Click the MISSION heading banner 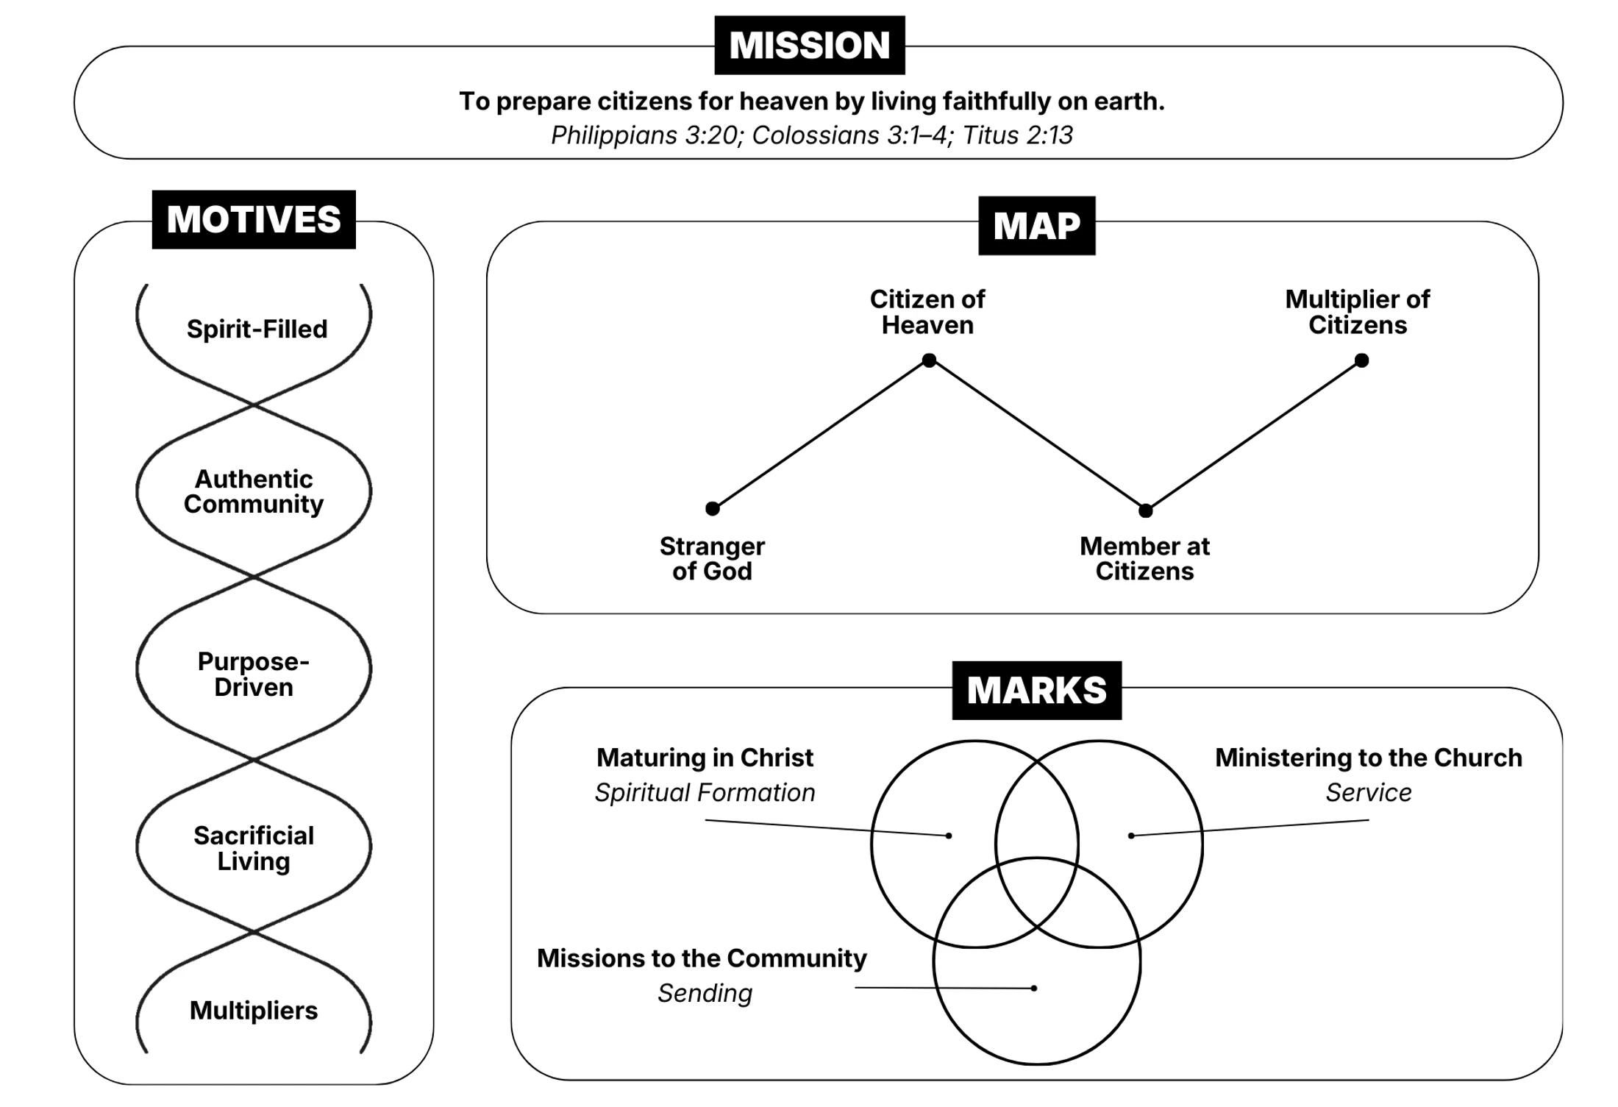(x=810, y=45)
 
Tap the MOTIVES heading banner (x=254, y=219)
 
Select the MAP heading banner (x=1037, y=225)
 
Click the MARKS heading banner (x=1037, y=690)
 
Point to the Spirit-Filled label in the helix (x=257, y=329)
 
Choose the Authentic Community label (x=254, y=491)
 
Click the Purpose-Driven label (x=254, y=674)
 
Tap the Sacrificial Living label (x=254, y=848)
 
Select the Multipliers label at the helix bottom (x=254, y=1011)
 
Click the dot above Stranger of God (x=712, y=508)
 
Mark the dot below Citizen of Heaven (x=929, y=360)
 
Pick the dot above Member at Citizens (x=1145, y=510)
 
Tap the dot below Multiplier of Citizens (x=1361, y=360)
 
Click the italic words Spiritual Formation (x=705, y=792)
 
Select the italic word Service (x=1369, y=792)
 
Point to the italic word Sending (x=705, y=993)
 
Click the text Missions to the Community (x=702, y=958)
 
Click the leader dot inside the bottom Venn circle (x=1034, y=988)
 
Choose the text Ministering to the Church (x=1369, y=758)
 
